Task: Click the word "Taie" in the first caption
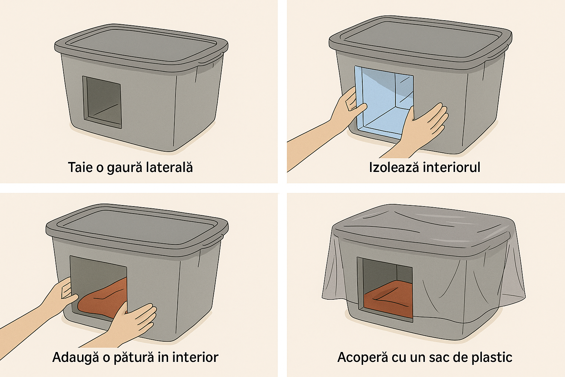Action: click(80, 167)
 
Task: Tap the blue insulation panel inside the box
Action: click(384, 102)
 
